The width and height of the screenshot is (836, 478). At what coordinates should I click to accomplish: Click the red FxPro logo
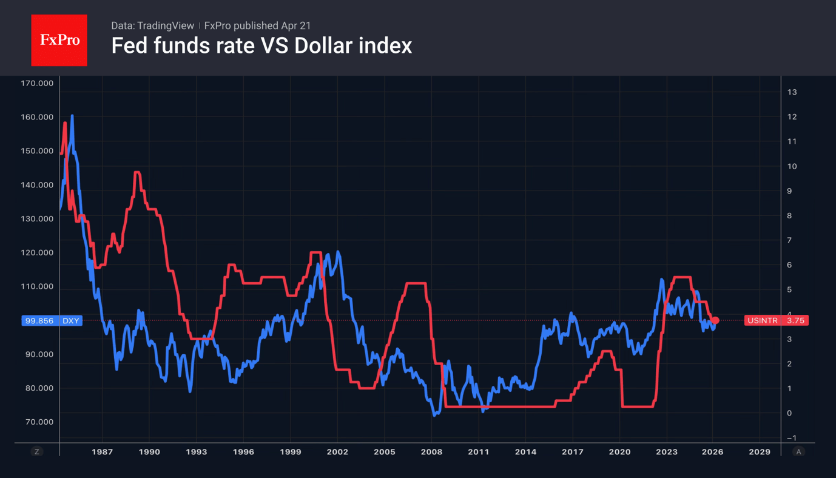(59, 41)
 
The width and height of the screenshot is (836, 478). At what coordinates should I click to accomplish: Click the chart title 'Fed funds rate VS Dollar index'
(261, 46)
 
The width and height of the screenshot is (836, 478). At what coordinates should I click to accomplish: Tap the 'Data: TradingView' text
(152, 25)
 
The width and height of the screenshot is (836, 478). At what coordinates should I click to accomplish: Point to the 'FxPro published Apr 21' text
(257, 25)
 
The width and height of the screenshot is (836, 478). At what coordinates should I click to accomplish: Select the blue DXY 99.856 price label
(52, 320)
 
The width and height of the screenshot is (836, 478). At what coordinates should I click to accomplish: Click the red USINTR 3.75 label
(776, 320)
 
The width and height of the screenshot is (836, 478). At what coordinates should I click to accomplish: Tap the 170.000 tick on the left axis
(37, 83)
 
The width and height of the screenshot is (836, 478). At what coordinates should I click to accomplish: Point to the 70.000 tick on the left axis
(39, 422)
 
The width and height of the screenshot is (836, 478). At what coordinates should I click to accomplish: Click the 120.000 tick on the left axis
(37, 252)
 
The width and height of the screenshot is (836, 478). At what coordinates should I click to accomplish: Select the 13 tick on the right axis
(792, 92)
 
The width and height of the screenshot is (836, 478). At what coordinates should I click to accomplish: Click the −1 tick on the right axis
(791, 438)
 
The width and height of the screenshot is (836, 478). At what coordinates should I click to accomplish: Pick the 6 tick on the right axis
(789, 265)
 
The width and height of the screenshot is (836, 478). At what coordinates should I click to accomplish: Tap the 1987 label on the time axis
(102, 452)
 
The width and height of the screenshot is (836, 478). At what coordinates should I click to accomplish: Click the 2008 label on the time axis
(431, 452)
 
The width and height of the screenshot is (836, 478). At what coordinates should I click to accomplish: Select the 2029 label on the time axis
(760, 452)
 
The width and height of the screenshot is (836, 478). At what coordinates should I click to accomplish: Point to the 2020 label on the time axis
(619, 452)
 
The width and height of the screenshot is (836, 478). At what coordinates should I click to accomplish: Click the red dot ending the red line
(715, 320)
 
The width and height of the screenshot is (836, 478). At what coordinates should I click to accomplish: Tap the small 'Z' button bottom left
(37, 452)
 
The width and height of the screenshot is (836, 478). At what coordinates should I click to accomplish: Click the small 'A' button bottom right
(798, 452)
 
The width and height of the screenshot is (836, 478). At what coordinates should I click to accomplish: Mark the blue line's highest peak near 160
(72, 116)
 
